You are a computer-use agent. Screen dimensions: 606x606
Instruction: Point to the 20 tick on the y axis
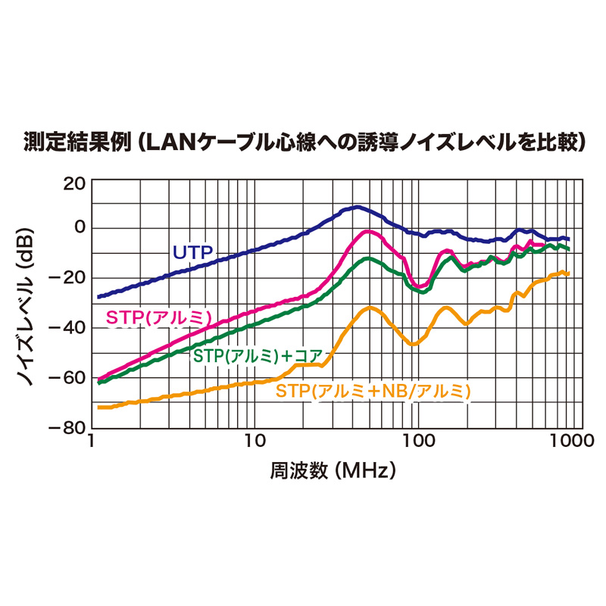75,183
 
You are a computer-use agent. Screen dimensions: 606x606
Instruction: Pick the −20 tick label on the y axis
70,278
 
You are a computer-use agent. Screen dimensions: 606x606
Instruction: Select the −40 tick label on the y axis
70,328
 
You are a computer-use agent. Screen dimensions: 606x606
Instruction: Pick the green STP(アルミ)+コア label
259,355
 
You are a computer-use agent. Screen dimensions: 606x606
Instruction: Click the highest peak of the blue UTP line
355,207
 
